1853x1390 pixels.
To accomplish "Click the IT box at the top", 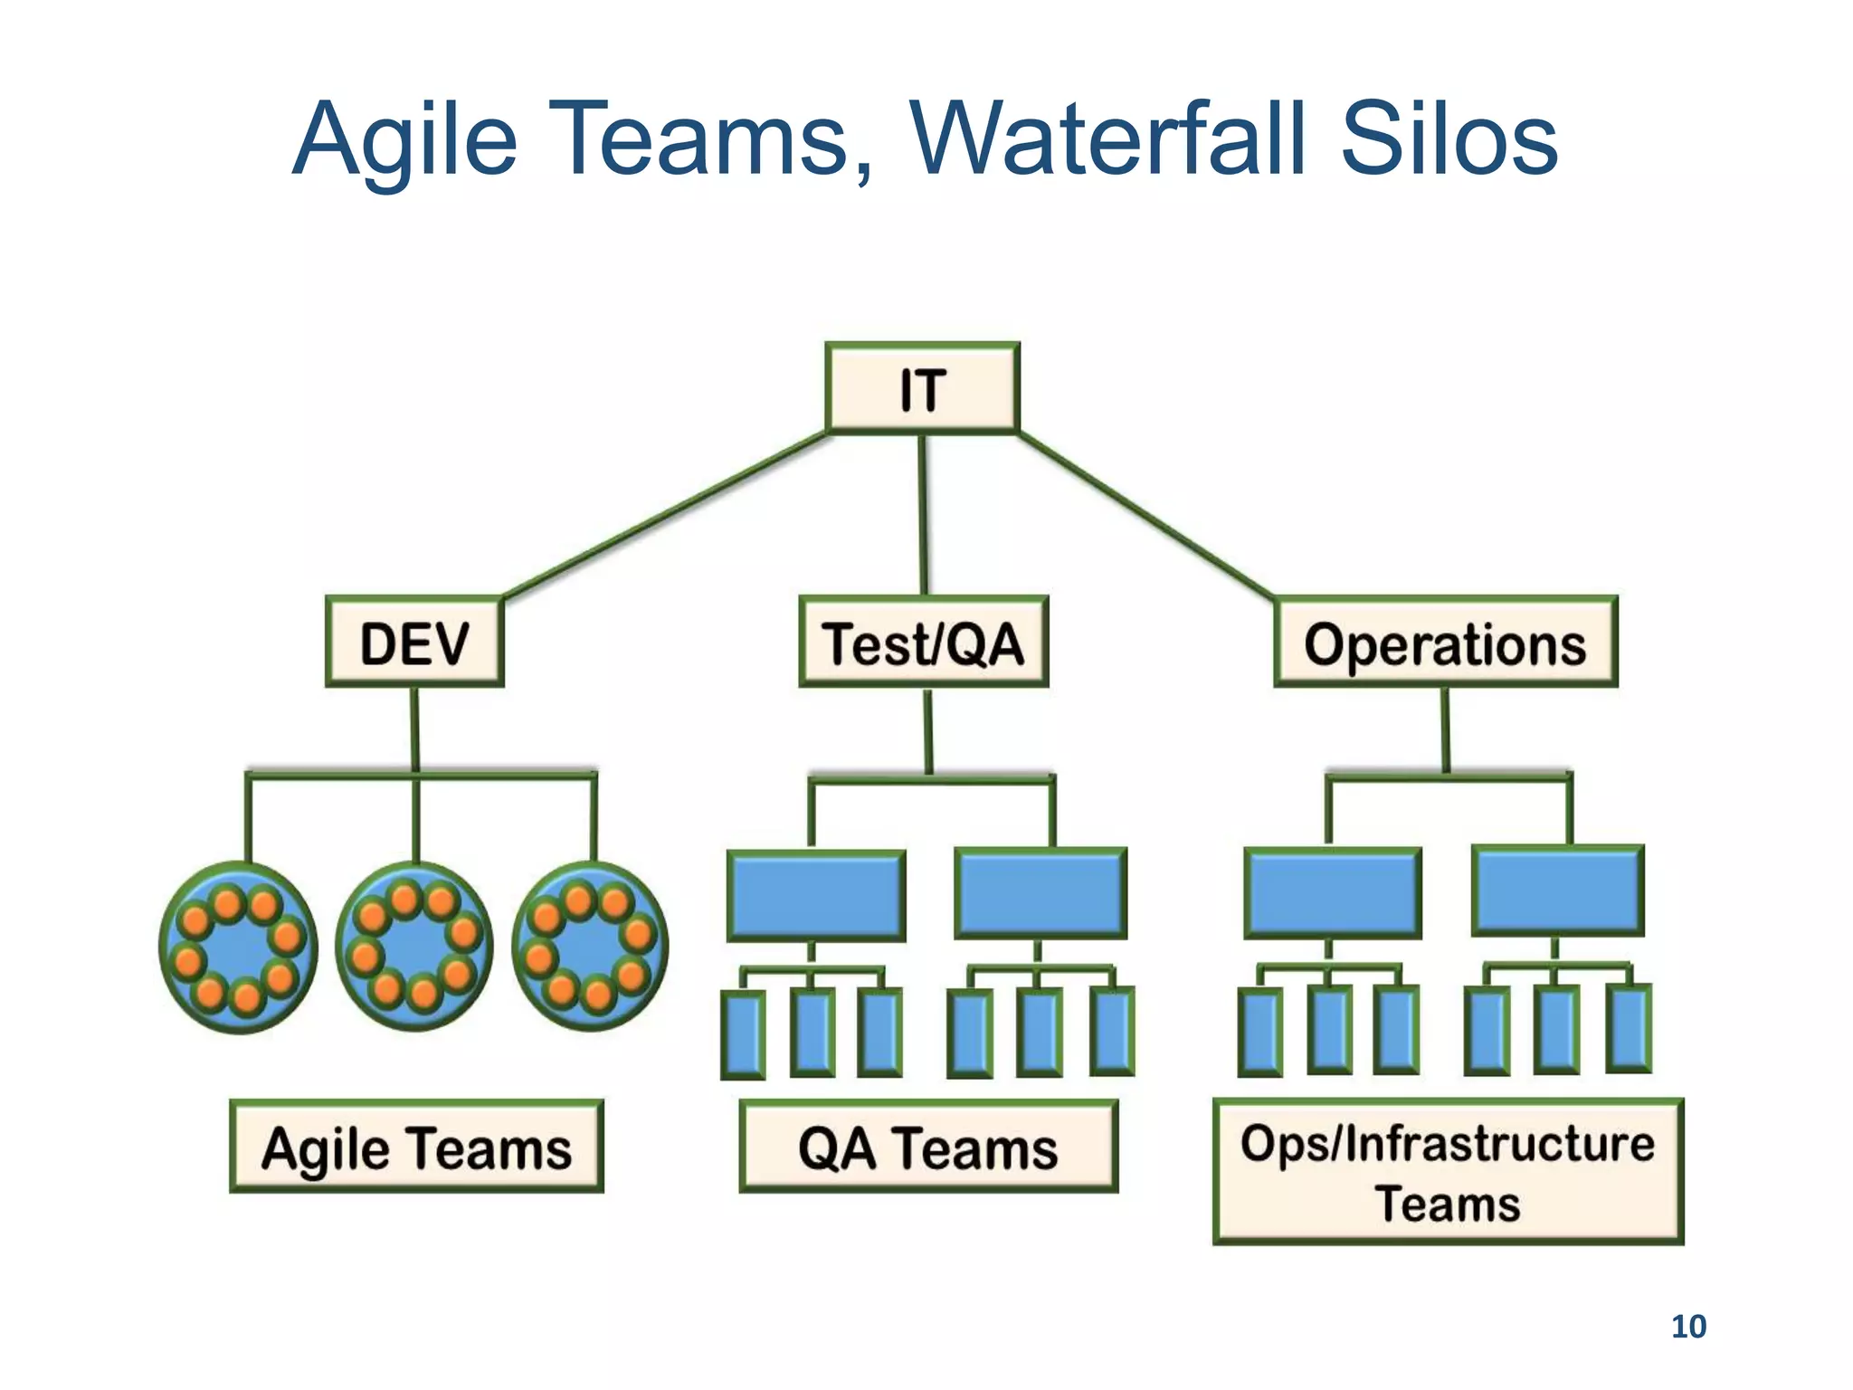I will click(x=922, y=388).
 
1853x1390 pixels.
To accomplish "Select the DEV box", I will click(x=414, y=642).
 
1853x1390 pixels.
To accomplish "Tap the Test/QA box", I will click(x=923, y=642).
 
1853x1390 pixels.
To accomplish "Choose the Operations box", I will click(x=1445, y=642).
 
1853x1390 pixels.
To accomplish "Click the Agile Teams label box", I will click(x=416, y=1147).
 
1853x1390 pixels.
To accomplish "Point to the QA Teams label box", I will click(x=927, y=1147).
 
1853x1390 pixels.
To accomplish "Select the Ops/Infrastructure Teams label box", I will click(x=1447, y=1171).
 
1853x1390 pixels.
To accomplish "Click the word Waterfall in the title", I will click(x=1111, y=140).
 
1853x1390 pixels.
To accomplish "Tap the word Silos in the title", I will click(x=1449, y=140).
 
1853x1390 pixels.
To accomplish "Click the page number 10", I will click(x=1687, y=1327).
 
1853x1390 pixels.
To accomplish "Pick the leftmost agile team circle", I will click(x=238, y=947).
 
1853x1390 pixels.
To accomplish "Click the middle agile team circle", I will click(x=414, y=946).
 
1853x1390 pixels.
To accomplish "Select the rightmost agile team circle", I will click(x=590, y=946).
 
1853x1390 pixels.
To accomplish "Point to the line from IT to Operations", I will click(x=1145, y=514).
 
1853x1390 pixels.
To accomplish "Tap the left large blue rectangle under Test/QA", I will click(x=816, y=895).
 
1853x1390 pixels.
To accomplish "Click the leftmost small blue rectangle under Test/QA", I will click(x=743, y=1034).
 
